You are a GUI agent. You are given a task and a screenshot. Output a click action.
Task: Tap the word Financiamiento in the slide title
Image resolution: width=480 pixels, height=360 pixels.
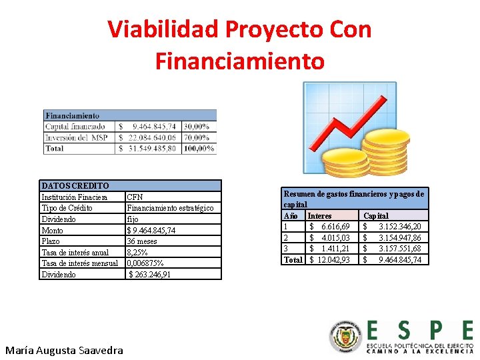(239, 61)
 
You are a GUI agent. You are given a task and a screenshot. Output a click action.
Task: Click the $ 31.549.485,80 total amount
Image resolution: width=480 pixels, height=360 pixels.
(147, 148)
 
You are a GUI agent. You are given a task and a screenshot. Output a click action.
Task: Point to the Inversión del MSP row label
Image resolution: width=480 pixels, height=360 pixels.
(76, 137)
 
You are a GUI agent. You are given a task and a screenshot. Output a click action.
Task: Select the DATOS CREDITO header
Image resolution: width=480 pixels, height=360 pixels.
(75, 185)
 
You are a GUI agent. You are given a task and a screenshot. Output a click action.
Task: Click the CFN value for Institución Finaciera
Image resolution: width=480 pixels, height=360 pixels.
(135, 197)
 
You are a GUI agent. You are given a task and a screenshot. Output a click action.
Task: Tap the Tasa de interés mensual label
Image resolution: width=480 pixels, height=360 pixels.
(79, 263)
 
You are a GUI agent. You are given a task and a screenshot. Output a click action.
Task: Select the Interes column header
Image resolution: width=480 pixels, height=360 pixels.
(319, 216)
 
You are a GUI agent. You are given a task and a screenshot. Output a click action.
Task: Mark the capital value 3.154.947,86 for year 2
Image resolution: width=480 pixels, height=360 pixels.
(399, 237)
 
